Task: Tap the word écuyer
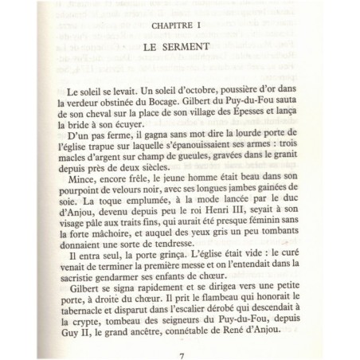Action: [147, 128]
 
